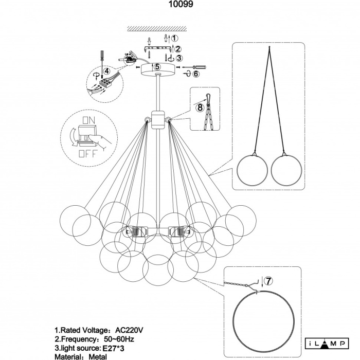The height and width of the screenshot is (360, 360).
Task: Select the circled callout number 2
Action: [177, 49]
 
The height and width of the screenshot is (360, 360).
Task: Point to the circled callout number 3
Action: [178, 58]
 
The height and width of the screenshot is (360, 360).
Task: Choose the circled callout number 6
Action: [195, 74]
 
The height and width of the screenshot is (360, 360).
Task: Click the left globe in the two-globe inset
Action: [254, 168]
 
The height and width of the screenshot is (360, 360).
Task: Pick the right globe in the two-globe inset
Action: [287, 168]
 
